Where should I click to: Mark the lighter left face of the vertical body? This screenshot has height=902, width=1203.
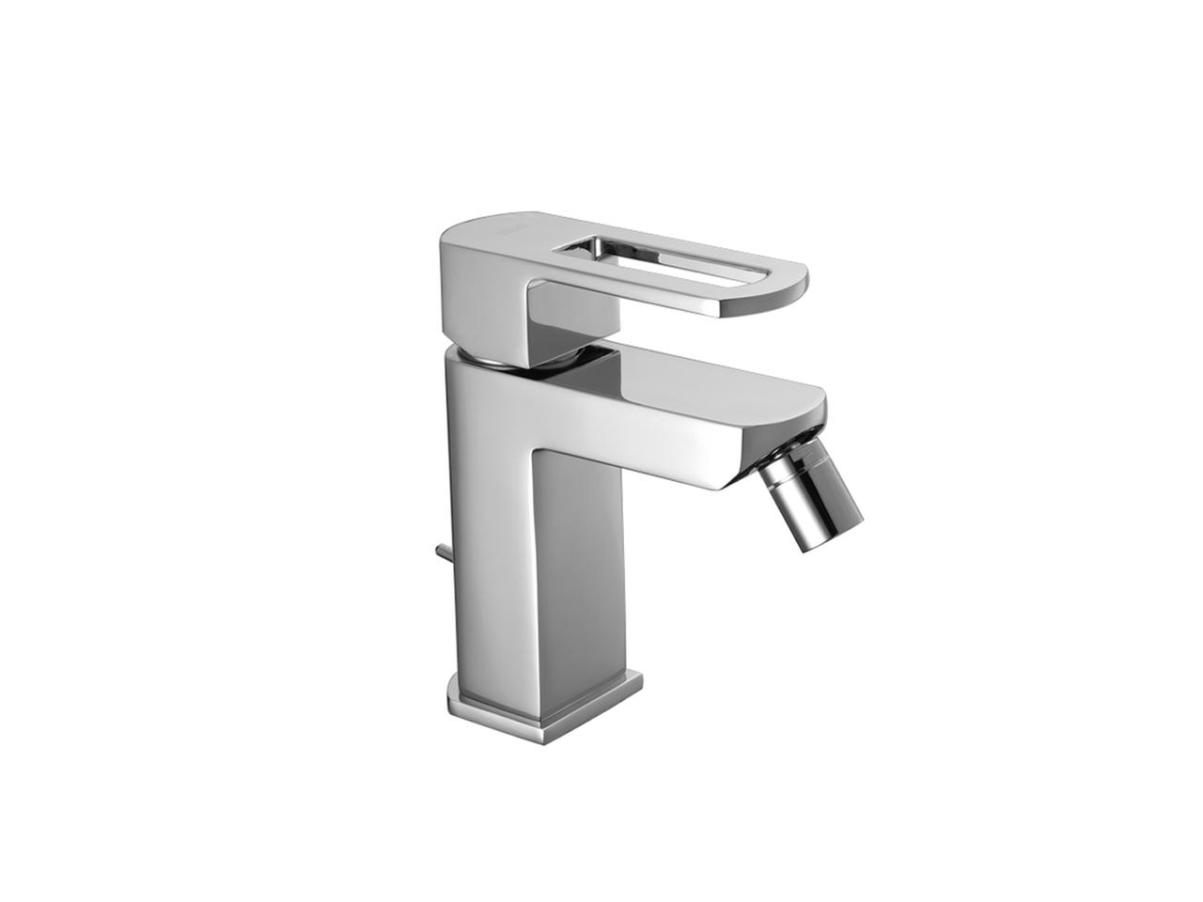pos(489,517)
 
